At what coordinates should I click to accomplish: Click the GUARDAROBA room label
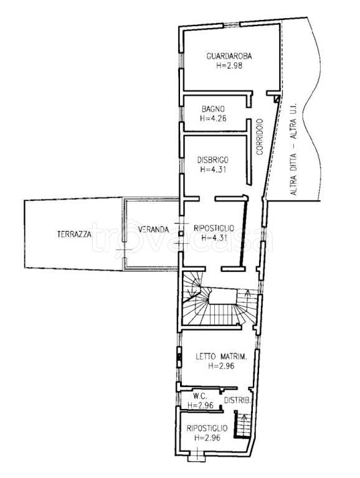[x=229, y=57]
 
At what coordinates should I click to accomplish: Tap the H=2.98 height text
[x=229, y=65]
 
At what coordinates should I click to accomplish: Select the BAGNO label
[x=213, y=109]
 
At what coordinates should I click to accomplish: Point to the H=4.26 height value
[x=213, y=118]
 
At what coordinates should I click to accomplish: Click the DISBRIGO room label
[x=213, y=160]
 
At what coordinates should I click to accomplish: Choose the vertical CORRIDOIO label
[x=260, y=137]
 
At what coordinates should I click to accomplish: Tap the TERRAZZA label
[x=74, y=234]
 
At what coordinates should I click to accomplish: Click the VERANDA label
[x=153, y=229]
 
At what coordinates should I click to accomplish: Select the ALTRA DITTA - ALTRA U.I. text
[x=293, y=149]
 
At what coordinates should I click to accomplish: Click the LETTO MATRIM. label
[x=221, y=356]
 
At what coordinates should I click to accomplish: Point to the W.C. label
[x=200, y=396]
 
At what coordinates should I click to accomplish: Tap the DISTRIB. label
[x=238, y=401]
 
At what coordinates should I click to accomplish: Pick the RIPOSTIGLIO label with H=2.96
[x=207, y=428]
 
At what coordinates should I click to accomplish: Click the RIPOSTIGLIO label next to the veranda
[x=214, y=228]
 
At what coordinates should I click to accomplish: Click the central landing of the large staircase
[x=223, y=297]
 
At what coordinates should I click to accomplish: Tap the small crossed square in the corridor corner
[x=277, y=98]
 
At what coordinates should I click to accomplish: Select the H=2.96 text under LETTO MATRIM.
[x=221, y=365]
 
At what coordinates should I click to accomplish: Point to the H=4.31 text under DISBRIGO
[x=213, y=169]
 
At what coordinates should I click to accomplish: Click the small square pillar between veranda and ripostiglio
[x=181, y=234]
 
